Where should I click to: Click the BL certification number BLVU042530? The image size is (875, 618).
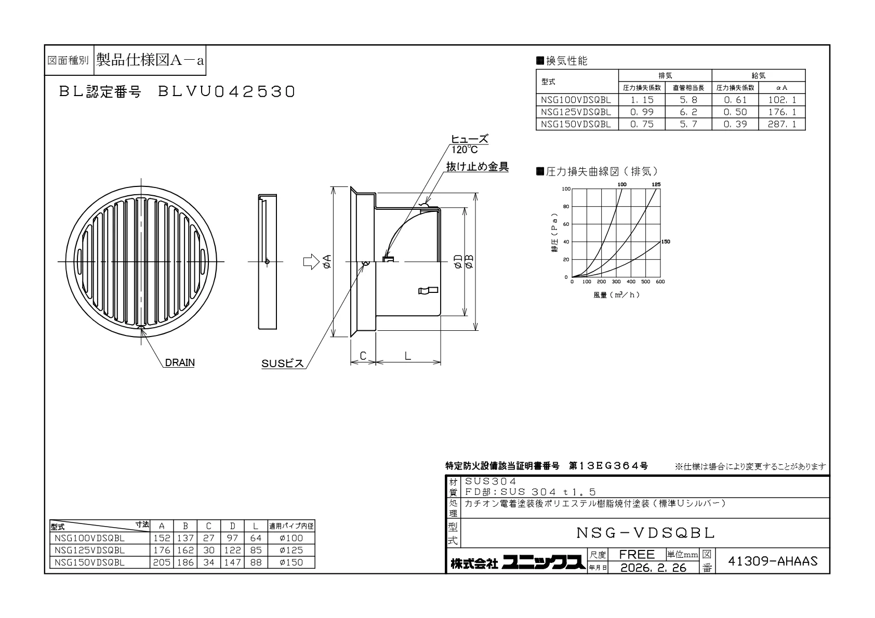coord(226,92)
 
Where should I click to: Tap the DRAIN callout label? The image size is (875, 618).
coord(180,362)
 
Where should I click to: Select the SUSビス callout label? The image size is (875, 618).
coord(283,364)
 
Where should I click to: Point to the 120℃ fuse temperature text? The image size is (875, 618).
coord(465,150)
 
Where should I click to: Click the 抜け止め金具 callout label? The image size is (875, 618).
coord(478,167)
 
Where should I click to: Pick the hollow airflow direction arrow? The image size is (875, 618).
coord(311,262)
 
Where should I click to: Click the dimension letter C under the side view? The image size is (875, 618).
coord(363,356)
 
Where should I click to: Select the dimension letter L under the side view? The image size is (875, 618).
coord(407,356)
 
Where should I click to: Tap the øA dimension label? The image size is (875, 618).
coord(327,262)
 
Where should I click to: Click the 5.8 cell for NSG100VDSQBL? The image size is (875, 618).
coord(688,100)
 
